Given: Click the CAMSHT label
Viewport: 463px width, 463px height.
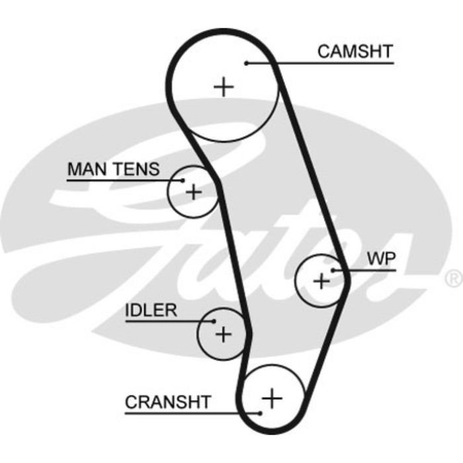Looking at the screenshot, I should point(355,51).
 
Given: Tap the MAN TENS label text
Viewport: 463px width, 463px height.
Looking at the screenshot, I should point(113,169).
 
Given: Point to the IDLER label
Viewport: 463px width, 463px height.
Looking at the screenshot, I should point(151,310).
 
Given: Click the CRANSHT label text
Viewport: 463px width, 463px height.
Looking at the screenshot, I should point(168,401).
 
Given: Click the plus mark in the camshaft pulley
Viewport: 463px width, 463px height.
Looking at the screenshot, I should point(225,87).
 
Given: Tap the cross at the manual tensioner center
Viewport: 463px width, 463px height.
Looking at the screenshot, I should point(193,192).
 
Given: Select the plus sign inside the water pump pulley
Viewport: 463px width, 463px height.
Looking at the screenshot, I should point(321,281).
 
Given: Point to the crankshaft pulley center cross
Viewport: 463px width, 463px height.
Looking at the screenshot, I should point(272,398).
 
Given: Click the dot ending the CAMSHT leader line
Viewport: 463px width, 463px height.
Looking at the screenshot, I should point(246,63).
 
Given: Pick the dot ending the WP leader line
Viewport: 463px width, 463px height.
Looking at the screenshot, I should point(333,270).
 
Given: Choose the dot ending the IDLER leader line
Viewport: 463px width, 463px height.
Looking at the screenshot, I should point(214,321).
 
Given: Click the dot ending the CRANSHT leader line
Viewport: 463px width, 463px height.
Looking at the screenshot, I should point(260,413).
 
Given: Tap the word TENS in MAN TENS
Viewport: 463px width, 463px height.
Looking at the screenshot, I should point(136,169).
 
